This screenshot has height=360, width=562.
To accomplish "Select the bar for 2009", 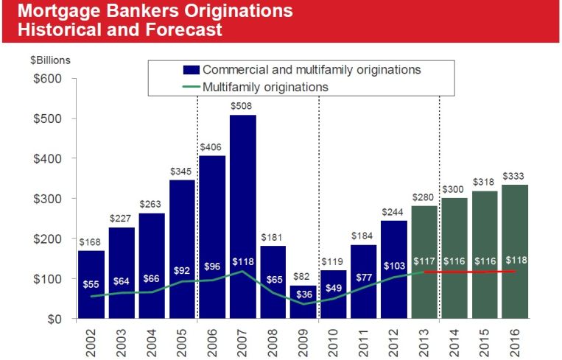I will click(303, 302).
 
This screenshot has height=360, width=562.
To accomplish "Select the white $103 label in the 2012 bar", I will click(393, 264).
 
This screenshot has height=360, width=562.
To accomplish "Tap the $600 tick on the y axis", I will click(47, 79).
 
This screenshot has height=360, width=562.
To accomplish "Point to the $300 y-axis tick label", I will click(47, 199).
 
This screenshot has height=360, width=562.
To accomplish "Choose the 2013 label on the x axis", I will click(425, 340).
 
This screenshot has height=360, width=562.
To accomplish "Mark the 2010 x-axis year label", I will click(334, 340).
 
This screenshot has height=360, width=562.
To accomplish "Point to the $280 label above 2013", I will click(424, 198).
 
